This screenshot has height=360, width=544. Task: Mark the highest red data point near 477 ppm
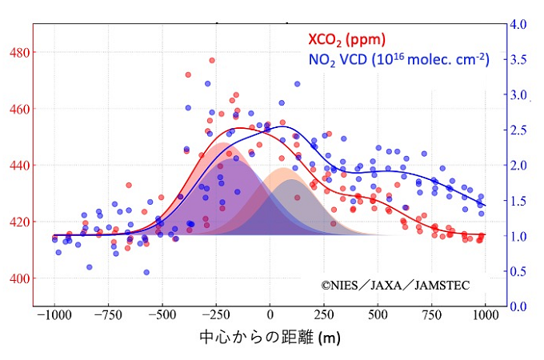click(x=212, y=60)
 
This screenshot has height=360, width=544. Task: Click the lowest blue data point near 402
click(x=146, y=272)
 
